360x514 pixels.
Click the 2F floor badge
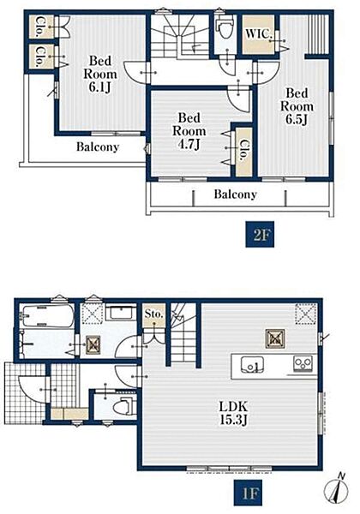260,234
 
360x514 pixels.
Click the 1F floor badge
248,493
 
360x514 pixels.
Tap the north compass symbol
336,488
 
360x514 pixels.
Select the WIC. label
258,33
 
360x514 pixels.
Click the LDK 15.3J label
233,413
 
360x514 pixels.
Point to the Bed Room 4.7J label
189,131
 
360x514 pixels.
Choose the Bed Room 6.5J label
297,106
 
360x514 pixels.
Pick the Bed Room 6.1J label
100,74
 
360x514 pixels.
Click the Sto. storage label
153,314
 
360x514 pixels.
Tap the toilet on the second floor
225,27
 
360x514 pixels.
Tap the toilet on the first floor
123,406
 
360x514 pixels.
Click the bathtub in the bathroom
46,315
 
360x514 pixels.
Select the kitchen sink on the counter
252,365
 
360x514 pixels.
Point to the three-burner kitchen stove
303,363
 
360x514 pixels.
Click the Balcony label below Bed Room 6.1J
98,146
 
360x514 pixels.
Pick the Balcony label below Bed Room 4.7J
235,194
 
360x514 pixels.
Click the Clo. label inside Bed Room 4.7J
244,151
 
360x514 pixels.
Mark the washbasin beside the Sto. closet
121,313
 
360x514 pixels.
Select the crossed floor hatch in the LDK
275,338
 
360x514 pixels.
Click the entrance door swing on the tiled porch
32,387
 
